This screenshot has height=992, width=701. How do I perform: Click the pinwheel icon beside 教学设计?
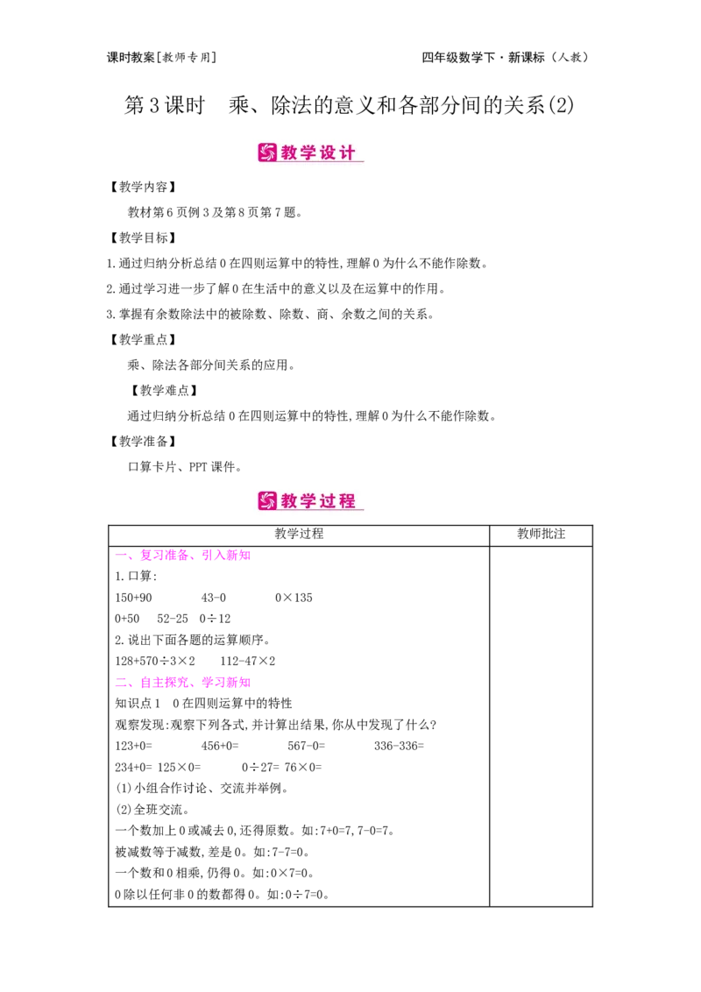tap(267, 152)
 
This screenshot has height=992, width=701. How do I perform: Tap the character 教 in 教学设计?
tap(290, 152)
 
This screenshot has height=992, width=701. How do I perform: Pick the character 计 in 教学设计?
tap(349, 152)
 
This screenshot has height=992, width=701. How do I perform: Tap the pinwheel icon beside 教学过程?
tap(267, 501)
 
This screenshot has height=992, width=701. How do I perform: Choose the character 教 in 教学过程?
tap(290, 501)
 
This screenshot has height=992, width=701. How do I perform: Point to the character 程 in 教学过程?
tap(349, 501)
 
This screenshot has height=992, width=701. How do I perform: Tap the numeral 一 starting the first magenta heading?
tap(121, 555)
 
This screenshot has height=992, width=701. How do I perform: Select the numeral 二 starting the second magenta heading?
tap(121, 681)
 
